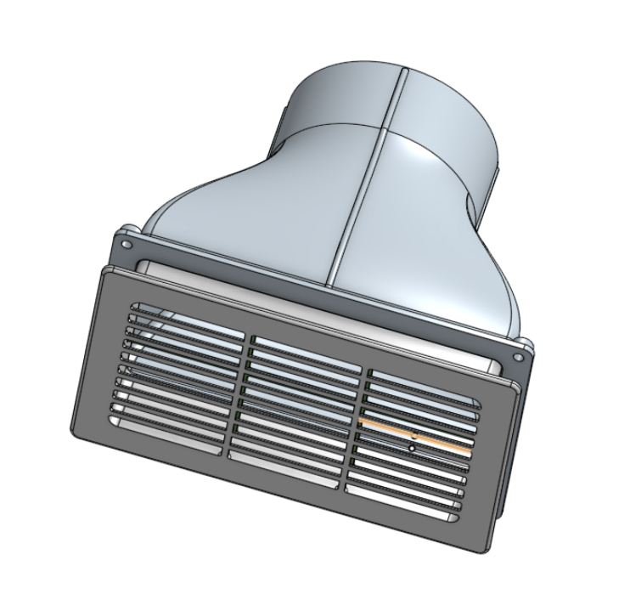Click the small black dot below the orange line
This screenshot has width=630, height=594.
[412, 444]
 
